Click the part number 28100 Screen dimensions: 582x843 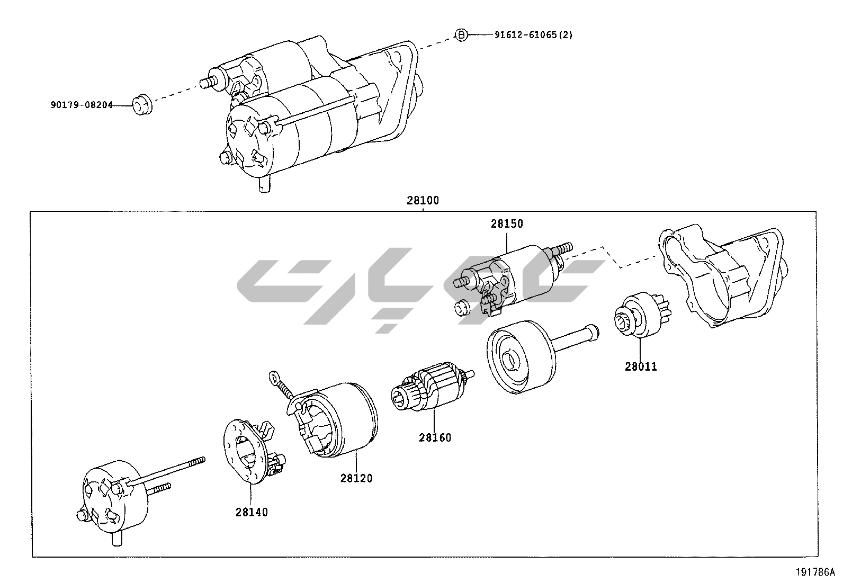[423, 201]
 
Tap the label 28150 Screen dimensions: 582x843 [506, 223]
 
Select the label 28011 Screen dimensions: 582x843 [641, 366]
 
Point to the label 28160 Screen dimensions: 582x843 [435, 437]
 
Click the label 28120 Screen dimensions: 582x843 [356, 478]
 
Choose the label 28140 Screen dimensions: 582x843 [252, 512]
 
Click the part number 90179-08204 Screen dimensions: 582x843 [82, 105]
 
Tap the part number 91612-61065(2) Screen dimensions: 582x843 [533, 35]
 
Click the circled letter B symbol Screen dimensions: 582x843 [462, 35]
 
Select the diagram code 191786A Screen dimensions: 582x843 [814, 572]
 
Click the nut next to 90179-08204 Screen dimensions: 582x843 [141, 104]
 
